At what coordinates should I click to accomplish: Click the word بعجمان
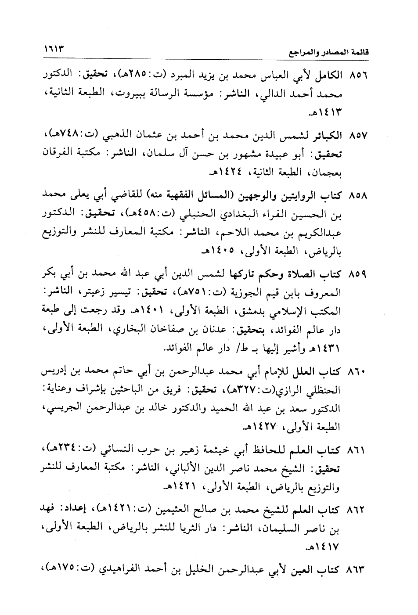[325, 173]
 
